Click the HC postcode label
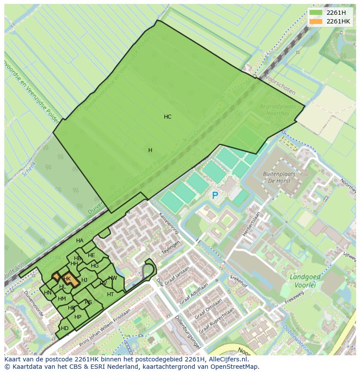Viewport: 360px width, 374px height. coord(167,117)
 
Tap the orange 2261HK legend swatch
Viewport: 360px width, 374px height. coord(316,21)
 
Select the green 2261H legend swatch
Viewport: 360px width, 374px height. coord(316,13)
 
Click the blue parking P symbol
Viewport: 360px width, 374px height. coord(215,196)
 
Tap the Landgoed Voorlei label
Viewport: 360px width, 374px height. coord(305,280)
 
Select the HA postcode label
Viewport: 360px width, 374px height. coord(80,241)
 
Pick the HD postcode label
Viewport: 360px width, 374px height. coord(65,328)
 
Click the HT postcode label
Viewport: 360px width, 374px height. coord(110,295)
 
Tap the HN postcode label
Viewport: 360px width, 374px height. coord(48,293)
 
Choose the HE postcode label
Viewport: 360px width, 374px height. coord(91,255)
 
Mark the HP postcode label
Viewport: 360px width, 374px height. coord(78,317)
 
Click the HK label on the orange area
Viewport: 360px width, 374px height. coord(67,279)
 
